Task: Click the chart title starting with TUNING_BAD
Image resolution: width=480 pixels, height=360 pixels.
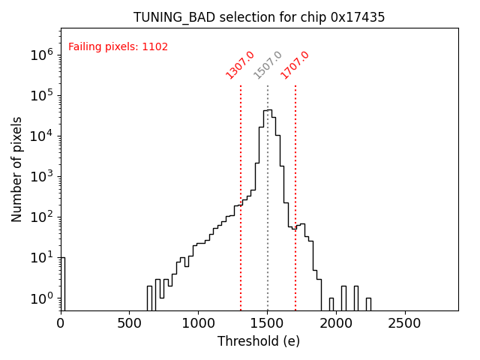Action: [x=259, y=17]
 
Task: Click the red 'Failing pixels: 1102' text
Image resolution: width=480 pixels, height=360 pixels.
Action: [x=118, y=47]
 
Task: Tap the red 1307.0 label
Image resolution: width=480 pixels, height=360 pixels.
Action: [x=240, y=65]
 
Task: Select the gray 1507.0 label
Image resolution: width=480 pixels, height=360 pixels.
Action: [x=268, y=65]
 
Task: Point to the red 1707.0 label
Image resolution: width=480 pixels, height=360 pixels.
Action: [x=295, y=65]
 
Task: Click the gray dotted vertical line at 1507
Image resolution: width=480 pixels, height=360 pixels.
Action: [x=268, y=225]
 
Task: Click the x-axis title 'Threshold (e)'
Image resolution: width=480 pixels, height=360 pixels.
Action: [x=259, y=341]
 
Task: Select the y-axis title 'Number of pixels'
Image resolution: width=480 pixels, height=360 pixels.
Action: [x=17, y=169]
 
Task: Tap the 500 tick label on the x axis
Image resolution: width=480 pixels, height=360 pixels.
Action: [x=130, y=323]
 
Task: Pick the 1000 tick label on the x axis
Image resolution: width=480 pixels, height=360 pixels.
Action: [x=199, y=323]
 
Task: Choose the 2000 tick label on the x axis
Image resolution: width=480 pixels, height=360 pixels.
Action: [x=337, y=323]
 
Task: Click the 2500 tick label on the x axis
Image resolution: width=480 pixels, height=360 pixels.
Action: [x=406, y=323]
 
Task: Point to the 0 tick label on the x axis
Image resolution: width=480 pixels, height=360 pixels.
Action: [x=61, y=323]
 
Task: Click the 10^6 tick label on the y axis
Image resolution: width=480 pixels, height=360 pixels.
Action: [x=40, y=55]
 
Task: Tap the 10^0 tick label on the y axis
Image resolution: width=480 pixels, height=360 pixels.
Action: [x=40, y=298]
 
